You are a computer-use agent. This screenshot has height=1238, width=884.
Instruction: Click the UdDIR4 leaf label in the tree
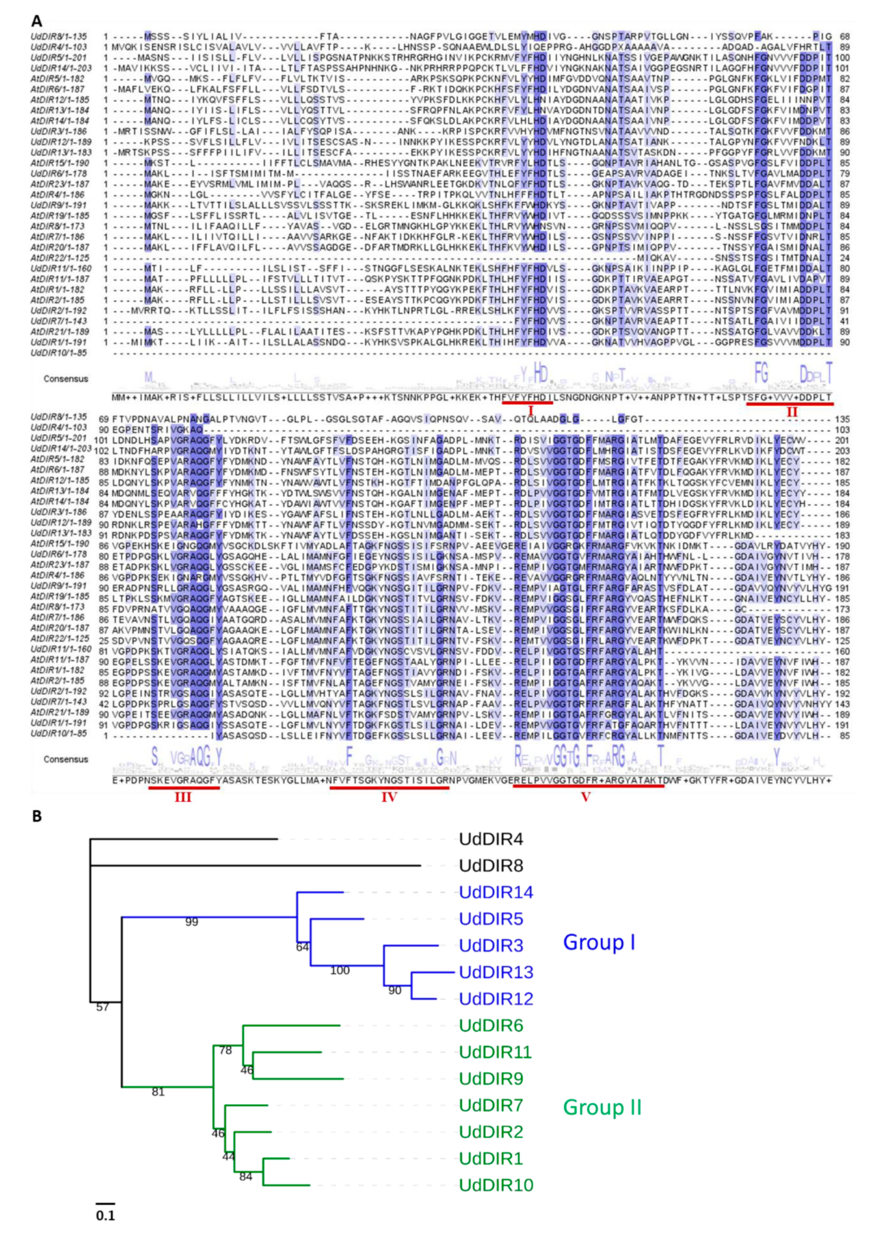491,839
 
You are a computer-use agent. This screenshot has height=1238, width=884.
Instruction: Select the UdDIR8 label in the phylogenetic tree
491,866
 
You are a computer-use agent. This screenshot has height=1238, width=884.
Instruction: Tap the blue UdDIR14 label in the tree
496,892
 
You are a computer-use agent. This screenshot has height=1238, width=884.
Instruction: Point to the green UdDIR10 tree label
496,1185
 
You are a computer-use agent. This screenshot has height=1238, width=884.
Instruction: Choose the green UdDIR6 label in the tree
491,1026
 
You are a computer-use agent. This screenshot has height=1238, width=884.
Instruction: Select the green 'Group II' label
602,1107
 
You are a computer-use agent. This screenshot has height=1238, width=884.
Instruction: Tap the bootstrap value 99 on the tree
191,922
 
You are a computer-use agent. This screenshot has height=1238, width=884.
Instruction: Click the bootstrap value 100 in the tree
340,970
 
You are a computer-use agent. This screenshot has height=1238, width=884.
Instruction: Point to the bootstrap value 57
102,1007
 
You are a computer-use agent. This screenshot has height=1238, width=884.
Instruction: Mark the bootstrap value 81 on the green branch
158,1092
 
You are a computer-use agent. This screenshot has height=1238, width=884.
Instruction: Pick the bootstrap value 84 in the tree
246,1177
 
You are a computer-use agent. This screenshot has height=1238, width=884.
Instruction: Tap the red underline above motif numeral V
588,787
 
